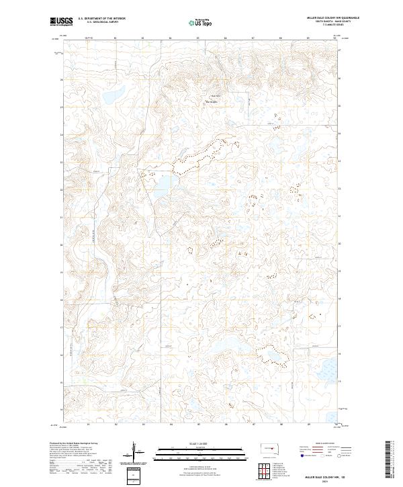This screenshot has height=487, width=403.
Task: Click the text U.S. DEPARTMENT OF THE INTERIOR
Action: (101, 19)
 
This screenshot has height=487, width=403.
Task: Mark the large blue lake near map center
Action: (165, 185)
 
